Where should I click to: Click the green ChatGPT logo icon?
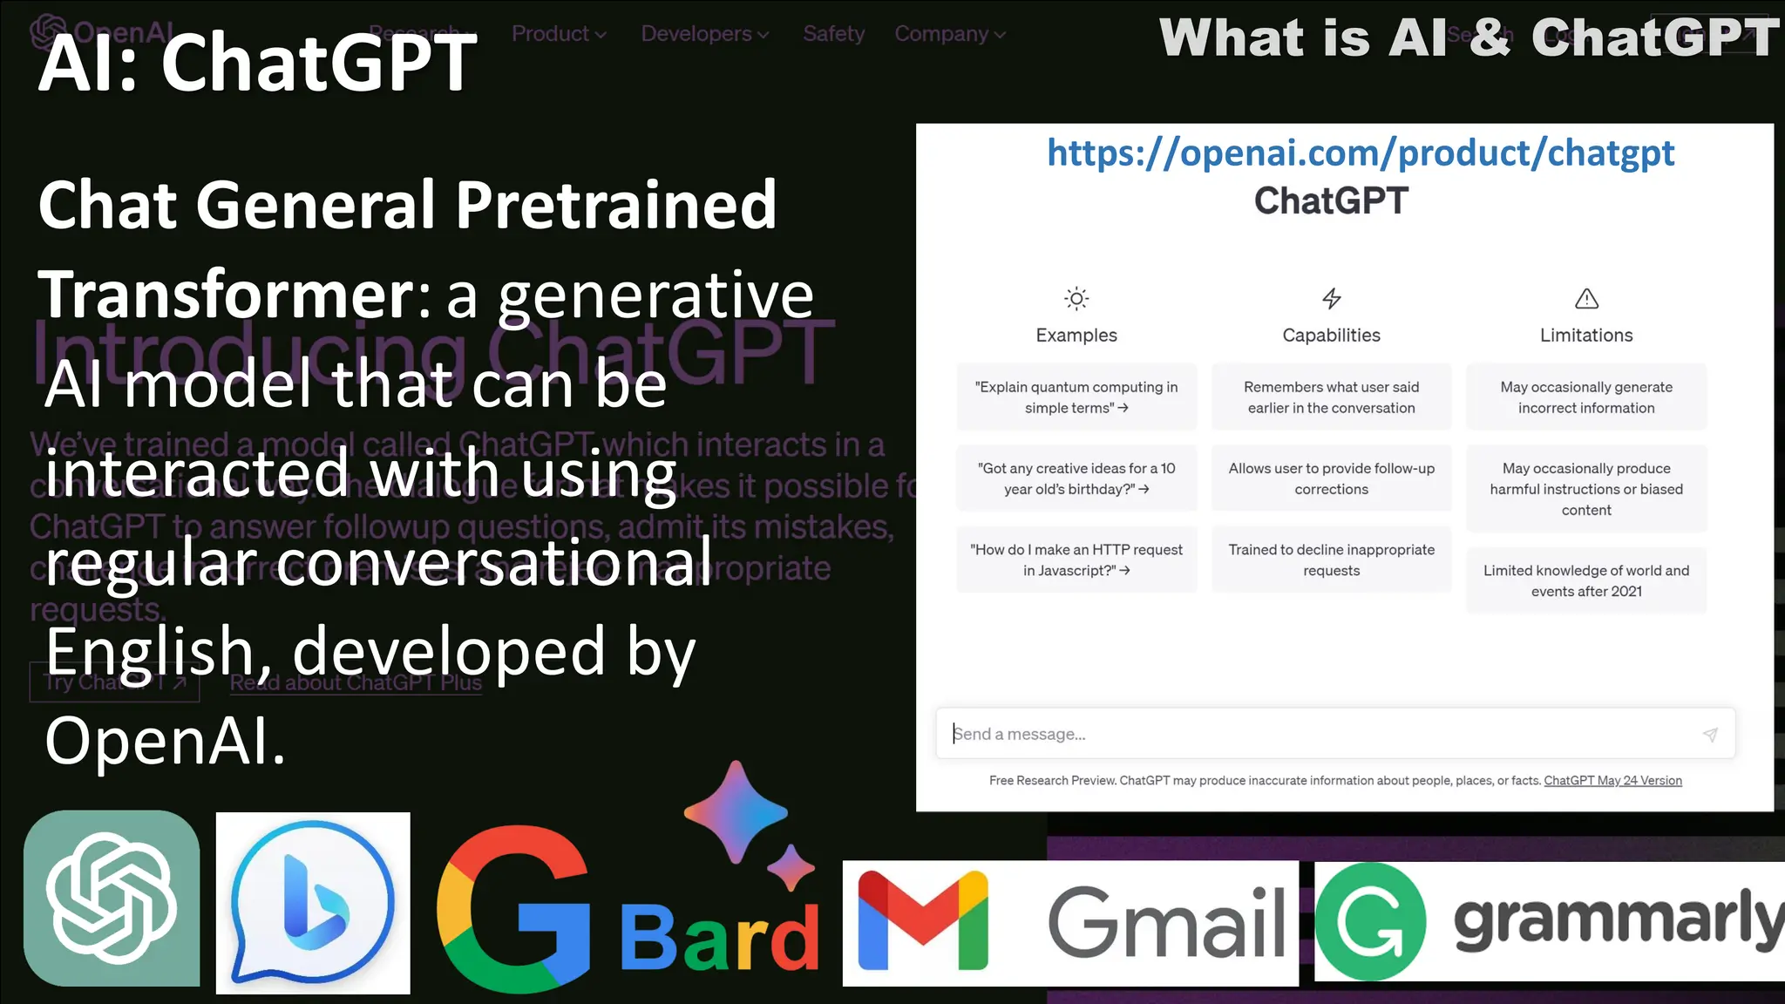[x=112, y=898]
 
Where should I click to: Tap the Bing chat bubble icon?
[x=312, y=902]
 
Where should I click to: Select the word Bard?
[x=720, y=939]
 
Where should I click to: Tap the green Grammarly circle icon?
[x=1370, y=922]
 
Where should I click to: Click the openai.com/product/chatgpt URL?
[x=1360, y=153]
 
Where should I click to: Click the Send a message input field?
[x=1307, y=734]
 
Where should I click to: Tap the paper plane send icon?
[x=1710, y=735]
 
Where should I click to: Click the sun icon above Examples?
[x=1076, y=299]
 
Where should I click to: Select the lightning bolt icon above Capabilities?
[x=1331, y=299]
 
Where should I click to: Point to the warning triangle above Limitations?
[x=1586, y=299]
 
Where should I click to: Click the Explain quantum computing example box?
[x=1076, y=397]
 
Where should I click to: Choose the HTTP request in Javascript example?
[x=1076, y=560]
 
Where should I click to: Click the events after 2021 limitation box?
[x=1586, y=580]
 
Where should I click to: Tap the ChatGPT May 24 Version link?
[x=1612, y=781]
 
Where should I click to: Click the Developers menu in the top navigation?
[x=704, y=34]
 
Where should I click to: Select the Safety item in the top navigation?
[x=834, y=34]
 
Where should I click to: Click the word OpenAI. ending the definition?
[x=165, y=742]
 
